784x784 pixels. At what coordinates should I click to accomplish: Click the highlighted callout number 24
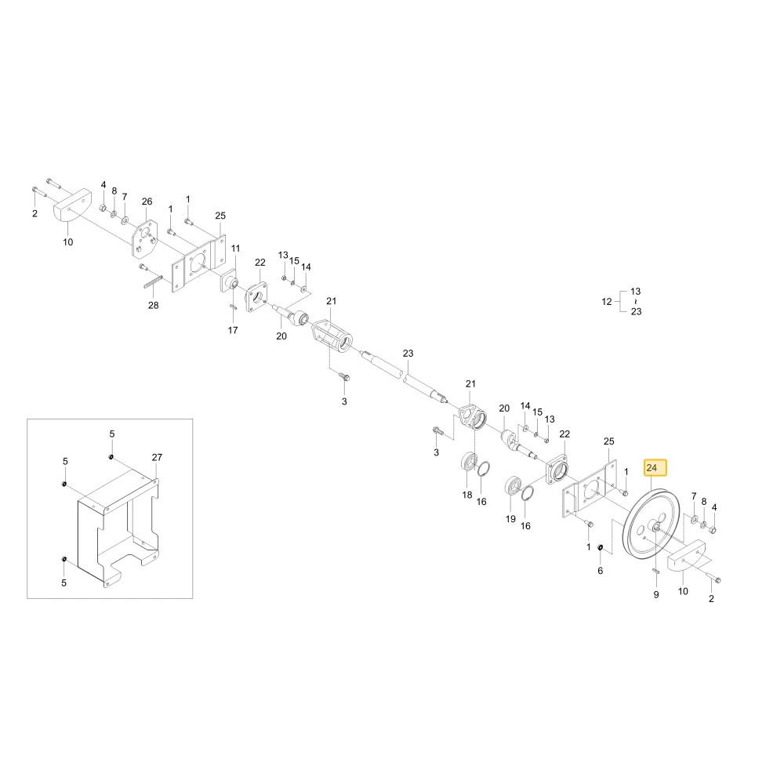pyautogui.click(x=652, y=468)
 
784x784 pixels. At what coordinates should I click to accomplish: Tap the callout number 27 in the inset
pyautogui.click(x=157, y=457)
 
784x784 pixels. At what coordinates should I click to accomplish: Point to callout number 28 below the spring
pyautogui.click(x=153, y=305)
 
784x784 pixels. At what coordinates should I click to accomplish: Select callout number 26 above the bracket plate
pyautogui.click(x=147, y=201)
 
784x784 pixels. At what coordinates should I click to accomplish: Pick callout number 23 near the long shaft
pyautogui.click(x=408, y=353)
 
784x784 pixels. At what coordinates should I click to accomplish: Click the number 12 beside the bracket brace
pyautogui.click(x=607, y=302)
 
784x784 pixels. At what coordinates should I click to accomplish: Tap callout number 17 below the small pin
pyautogui.click(x=233, y=330)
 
